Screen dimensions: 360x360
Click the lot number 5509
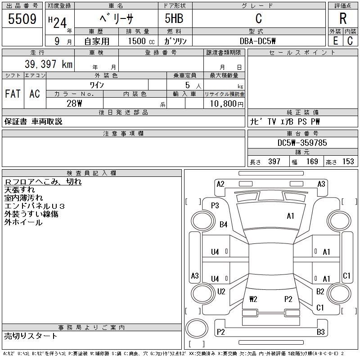[22, 19]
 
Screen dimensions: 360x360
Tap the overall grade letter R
[343, 19]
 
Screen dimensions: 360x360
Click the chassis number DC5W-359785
[302, 143]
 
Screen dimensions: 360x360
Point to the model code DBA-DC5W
[258, 41]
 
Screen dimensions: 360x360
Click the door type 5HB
[174, 19]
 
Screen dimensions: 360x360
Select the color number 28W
[73, 103]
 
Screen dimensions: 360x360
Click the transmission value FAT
[13, 94]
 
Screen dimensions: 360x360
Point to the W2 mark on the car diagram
[253, 298]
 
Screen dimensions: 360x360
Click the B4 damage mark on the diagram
[223, 225]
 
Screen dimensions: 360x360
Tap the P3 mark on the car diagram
[215, 206]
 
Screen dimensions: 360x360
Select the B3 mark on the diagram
[320, 332]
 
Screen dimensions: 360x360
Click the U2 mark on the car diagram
[221, 292]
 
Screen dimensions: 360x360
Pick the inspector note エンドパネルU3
[35, 206]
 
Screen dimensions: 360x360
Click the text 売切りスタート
[31, 336]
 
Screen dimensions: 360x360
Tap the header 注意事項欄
[123, 134]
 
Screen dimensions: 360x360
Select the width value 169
[311, 162]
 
